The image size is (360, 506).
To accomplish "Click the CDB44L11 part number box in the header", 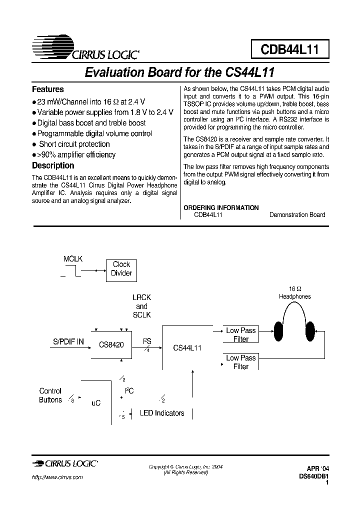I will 290,50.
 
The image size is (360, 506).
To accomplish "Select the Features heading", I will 48,89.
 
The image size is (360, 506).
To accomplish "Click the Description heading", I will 53,165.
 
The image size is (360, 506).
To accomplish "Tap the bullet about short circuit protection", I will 74,144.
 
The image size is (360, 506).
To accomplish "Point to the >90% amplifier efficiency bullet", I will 76,155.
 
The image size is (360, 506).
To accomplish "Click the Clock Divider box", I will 121,269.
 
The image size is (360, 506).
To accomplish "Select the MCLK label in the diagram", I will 73,259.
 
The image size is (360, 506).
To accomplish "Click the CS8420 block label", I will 111,345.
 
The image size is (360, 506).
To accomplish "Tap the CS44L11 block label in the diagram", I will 187,347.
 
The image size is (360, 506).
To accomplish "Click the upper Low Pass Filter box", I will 240,334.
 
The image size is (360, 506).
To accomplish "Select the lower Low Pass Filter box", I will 240,362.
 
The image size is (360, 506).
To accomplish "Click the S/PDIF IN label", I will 69,342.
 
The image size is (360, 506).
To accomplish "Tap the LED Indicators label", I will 162,413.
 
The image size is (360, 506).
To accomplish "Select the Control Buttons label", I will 50,395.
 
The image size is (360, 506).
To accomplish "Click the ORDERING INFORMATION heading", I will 221,207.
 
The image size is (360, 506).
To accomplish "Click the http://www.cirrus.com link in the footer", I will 57,477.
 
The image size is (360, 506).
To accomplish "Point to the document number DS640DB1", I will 313,476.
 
